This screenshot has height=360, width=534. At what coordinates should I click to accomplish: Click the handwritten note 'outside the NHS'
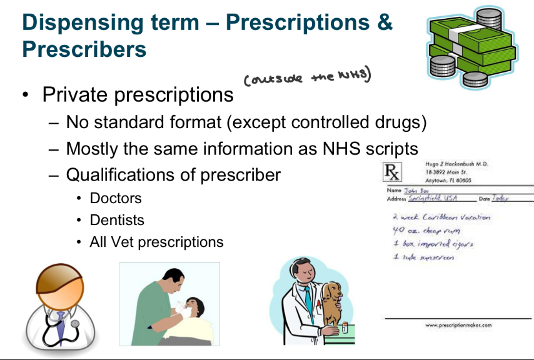(x=307, y=78)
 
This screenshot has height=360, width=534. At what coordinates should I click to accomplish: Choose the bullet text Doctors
(x=116, y=199)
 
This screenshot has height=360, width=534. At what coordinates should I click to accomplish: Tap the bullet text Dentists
(x=117, y=220)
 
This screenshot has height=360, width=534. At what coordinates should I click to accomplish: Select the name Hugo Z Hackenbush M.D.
(x=456, y=164)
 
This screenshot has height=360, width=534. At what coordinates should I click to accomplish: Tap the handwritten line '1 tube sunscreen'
(x=423, y=257)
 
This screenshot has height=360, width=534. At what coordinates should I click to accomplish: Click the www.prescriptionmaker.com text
(x=458, y=325)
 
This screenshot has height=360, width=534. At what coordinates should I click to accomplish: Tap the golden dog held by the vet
(x=335, y=299)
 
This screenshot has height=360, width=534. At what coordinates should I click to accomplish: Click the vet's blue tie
(x=307, y=300)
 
